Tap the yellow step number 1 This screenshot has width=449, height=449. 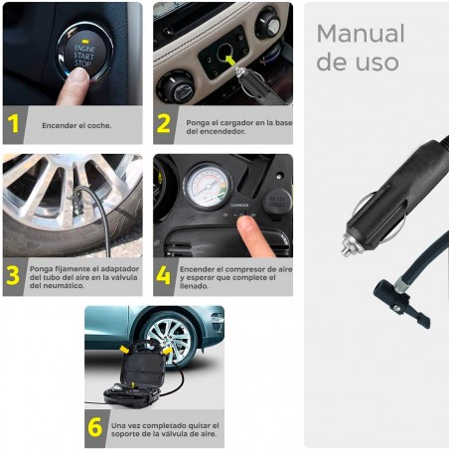click(x=14, y=125)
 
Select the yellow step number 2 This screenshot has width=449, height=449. click(x=164, y=125)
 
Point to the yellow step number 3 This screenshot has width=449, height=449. click(x=14, y=275)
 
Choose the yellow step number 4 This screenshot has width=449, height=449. click(x=164, y=275)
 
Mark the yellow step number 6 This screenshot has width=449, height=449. click(x=95, y=426)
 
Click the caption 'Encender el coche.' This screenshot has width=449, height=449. click(x=76, y=126)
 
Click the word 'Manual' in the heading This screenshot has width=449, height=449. click(x=360, y=34)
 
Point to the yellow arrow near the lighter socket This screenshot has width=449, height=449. click(x=233, y=62)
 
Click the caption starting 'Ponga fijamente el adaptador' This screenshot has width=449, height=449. click(x=83, y=276)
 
